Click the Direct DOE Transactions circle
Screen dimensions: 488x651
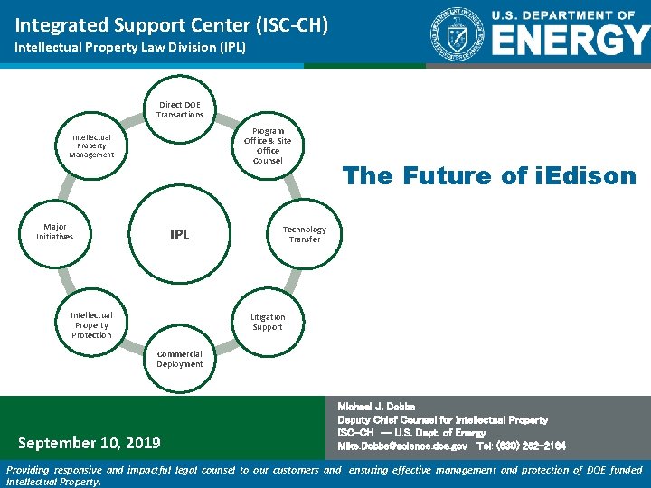180,110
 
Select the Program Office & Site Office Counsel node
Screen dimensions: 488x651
268,145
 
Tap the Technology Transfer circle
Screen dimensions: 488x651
305,234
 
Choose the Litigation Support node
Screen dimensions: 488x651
268,322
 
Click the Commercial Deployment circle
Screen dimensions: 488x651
180,359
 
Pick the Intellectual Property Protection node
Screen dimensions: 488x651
91,324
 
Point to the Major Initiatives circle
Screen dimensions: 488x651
55,231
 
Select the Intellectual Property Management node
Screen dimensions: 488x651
91,146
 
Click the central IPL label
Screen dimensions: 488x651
180,235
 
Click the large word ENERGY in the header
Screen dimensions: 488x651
570,41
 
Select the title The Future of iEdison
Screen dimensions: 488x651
489,176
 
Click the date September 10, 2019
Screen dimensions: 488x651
90,443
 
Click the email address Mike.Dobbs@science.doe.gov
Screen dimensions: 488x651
402,446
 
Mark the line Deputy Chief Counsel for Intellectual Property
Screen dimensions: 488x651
442,420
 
